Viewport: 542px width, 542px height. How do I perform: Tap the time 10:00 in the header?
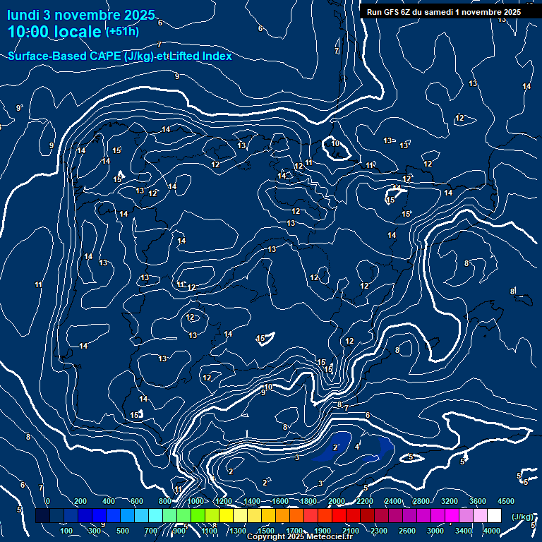point(31,31)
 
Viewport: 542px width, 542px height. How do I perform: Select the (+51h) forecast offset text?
point(122,31)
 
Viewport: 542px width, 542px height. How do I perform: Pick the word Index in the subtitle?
point(217,56)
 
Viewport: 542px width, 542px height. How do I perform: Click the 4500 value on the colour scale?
point(505,500)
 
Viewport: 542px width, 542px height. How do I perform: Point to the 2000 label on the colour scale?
point(336,500)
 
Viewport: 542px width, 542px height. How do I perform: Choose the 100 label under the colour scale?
point(66,531)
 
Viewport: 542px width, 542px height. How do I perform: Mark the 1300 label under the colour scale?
point(238,531)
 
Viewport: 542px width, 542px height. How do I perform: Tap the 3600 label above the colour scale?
point(478,500)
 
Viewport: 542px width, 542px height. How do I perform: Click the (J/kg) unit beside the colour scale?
point(522,517)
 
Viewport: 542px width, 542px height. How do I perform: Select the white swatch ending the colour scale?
point(494,516)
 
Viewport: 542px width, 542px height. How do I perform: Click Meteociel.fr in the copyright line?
point(327,537)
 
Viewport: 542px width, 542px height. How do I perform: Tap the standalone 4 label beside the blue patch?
point(356,446)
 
